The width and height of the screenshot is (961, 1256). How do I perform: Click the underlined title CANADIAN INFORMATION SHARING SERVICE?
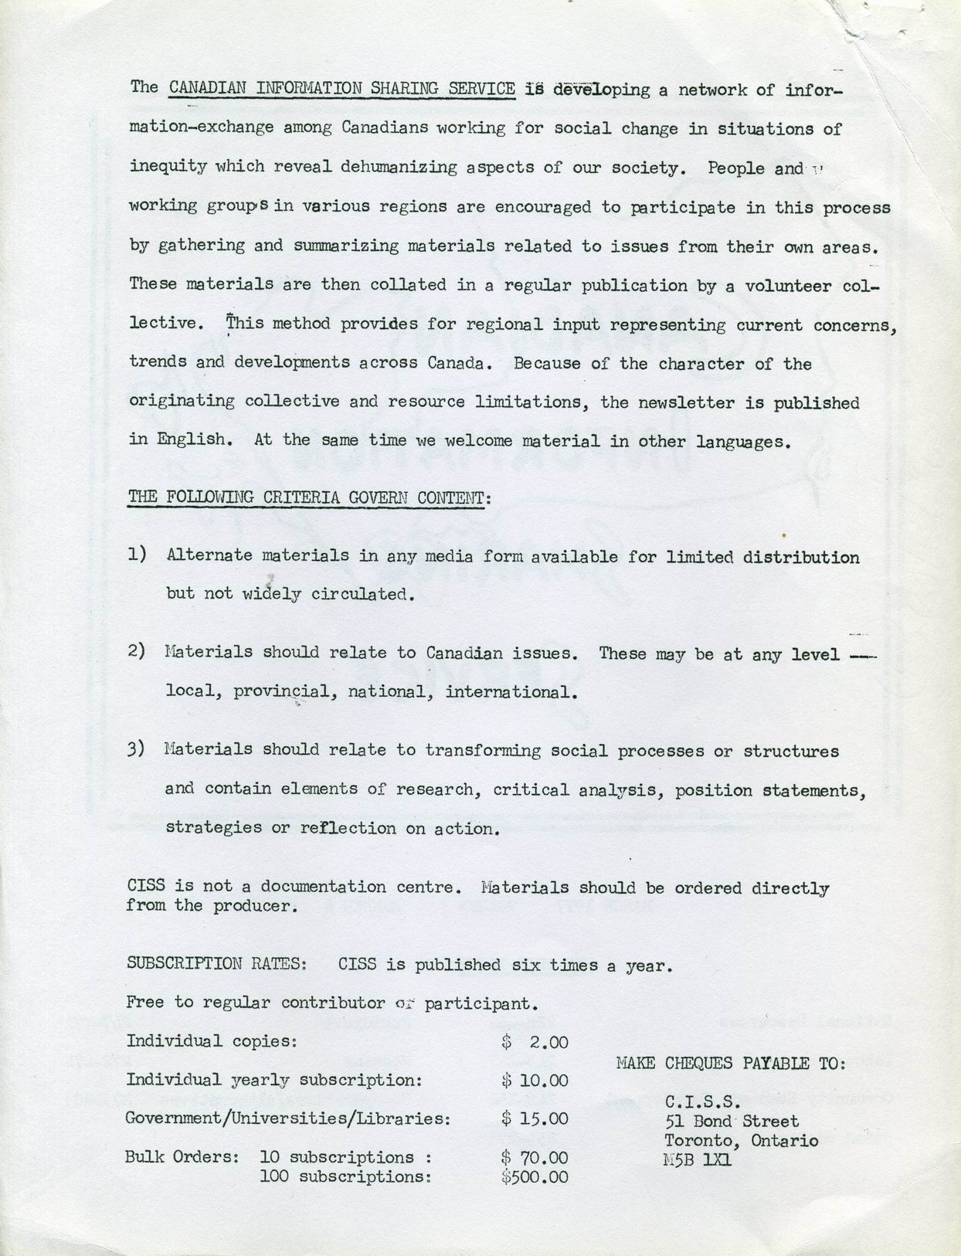point(342,88)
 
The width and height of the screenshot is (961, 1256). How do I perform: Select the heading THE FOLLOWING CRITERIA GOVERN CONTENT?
point(308,497)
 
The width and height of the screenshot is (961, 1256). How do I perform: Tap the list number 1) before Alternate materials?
point(138,555)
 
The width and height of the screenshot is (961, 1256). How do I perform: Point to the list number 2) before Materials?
point(138,651)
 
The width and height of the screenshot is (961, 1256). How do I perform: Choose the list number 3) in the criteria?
point(138,749)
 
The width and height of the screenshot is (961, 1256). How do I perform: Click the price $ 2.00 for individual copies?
point(535,1042)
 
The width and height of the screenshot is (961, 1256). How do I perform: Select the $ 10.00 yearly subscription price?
point(535,1081)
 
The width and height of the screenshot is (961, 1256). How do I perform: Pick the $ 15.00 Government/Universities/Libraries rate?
point(535,1119)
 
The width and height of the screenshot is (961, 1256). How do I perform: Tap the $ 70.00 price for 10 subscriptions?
point(535,1158)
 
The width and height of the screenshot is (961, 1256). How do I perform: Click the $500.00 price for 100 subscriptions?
point(535,1176)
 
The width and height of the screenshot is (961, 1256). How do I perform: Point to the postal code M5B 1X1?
point(698,1159)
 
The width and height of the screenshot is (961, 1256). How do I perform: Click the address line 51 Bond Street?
point(732,1121)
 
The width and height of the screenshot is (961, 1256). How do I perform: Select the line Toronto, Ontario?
point(741,1140)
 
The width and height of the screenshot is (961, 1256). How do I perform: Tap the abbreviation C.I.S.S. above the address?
point(702,1102)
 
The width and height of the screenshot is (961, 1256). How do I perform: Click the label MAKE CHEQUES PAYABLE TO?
point(731,1064)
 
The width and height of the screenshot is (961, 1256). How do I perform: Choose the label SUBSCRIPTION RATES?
point(217,964)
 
